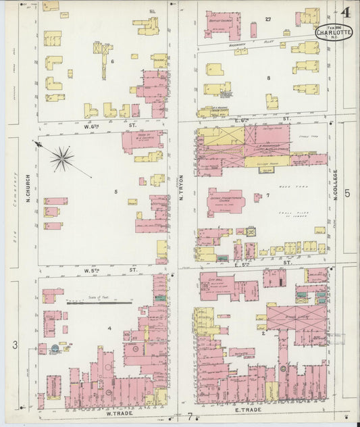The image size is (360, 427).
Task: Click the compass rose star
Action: (62, 159)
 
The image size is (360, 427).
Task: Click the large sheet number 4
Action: (345, 12)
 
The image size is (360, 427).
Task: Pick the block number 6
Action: (112, 61)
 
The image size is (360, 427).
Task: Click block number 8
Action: (268, 78)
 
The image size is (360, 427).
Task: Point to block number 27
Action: (268, 18)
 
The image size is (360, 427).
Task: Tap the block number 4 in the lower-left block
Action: (108, 329)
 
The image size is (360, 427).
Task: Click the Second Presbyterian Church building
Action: (225, 201)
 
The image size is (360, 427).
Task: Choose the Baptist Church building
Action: (222, 24)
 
